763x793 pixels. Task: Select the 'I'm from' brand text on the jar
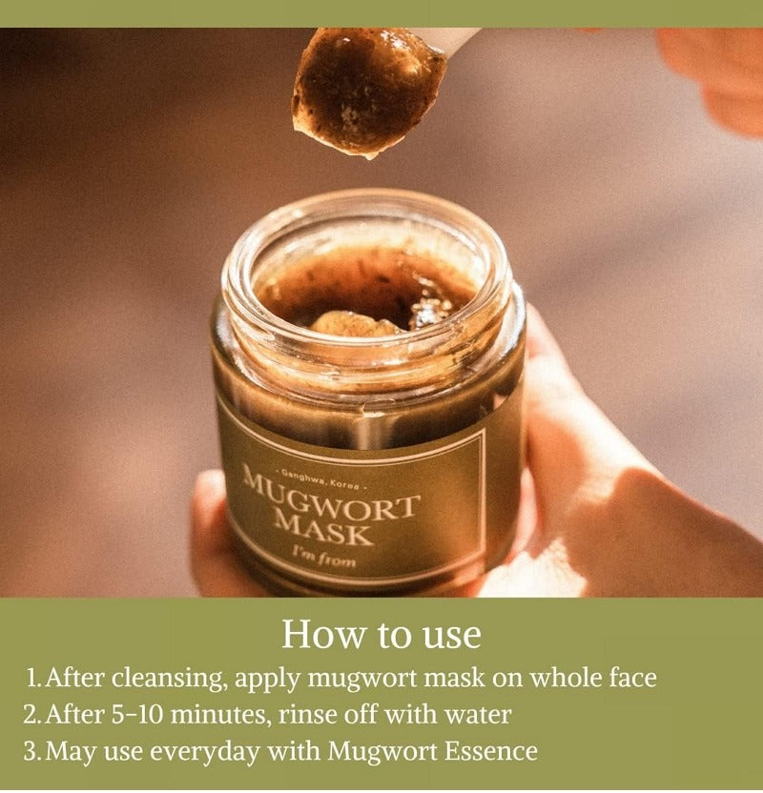click(324, 558)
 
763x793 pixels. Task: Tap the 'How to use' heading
click(381, 633)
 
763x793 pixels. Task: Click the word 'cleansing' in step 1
click(169, 679)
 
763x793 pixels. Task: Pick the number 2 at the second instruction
click(31, 715)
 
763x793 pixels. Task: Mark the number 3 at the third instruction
click(31, 751)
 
